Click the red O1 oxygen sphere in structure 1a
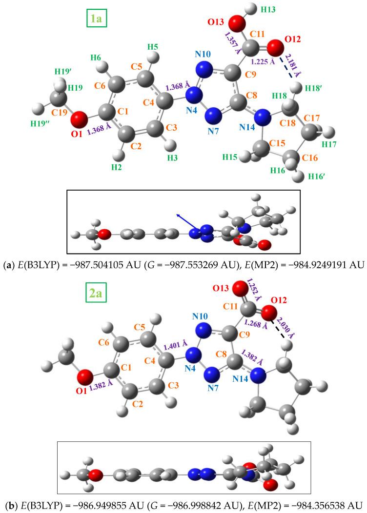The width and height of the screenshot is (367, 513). click(x=79, y=118)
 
